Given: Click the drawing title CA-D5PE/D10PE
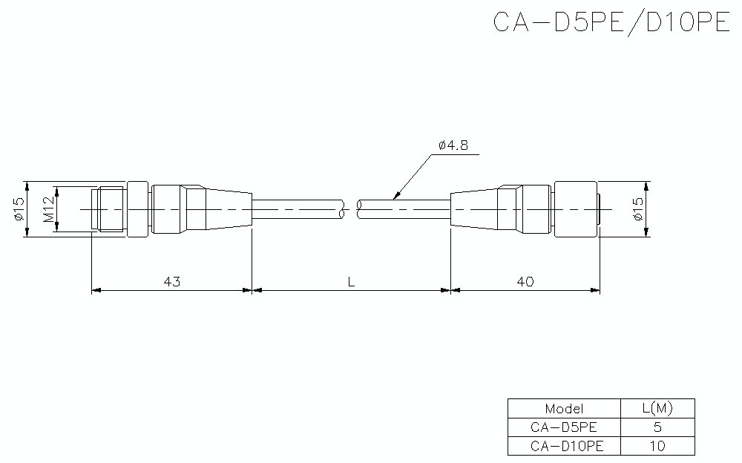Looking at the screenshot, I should [x=612, y=22].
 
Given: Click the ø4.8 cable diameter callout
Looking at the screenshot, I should [x=453, y=146].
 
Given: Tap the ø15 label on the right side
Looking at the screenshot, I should [x=637, y=209].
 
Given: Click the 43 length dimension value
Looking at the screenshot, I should [x=171, y=282].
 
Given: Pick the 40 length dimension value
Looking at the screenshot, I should [x=525, y=282].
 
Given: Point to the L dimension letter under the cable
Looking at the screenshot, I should [x=350, y=282].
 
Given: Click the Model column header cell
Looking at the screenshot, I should [x=564, y=408].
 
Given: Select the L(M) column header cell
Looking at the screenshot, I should [x=657, y=408].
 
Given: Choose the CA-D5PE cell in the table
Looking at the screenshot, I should [x=564, y=427].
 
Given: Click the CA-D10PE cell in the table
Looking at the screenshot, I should [x=564, y=445].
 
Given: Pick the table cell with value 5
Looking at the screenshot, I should [x=657, y=427].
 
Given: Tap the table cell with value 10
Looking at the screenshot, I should [x=657, y=445].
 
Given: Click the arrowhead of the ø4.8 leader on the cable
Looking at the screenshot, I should [x=395, y=197].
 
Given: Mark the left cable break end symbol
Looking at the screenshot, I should [x=341, y=209].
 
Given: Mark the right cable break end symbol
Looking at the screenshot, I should [x=360, y=209].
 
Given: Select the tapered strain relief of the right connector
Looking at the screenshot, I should [x=475, y=209].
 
